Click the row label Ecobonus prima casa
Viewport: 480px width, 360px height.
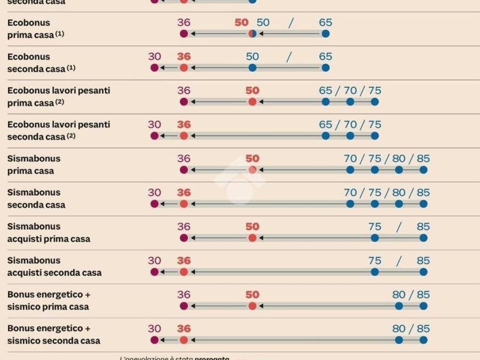pyautogui.click(x=31, y=29)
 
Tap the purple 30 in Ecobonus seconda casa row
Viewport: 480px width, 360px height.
pyautogui.click(x=154, y=57)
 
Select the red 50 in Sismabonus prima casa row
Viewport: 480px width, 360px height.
pyautogui.click(x=252, y=158)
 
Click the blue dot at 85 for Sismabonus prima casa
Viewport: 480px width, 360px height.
pyautogui.click(x=423, y=170)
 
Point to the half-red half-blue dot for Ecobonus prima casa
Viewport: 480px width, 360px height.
pyautogui.click(x=252, y=34)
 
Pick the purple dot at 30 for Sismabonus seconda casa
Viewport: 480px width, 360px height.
pyautogui.click(x=154, y=204)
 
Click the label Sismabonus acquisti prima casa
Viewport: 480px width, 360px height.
pyautogui.click(x=49, y=232)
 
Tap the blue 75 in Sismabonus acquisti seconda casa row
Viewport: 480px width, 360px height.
pyautogui.click(x=375, y=261)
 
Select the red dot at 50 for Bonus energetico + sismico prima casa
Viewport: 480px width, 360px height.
pyautogui.click(x=252, y=306)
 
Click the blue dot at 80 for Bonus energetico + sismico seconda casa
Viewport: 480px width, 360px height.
pyautogui.click(x=399, y=340)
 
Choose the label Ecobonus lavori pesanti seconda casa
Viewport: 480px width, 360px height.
pyautogui.click(x=59, y=131)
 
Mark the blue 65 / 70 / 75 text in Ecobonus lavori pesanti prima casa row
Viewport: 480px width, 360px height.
pyautogui.click(x=350, y=90)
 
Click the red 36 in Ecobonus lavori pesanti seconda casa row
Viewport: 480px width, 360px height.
pyautogui.click(x=184, y=125)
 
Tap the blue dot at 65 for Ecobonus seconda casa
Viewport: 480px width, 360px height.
pyautogui.click(x=326, y=68)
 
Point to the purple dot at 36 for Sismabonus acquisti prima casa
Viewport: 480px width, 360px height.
pyautogui.click(x=184, y=238)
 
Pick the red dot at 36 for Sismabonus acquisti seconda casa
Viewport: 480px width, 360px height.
pyautogui.click(x=184, y=272)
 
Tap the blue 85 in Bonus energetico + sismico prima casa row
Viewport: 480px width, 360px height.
pyautogui.click(x=423, y=295)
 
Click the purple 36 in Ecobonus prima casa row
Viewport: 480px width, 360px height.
pyautogui.click(x=184, y=22)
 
